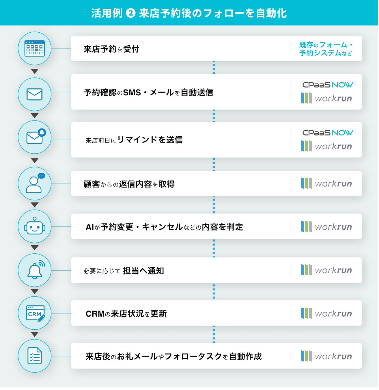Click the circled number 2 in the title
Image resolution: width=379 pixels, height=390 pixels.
tap(131, 13)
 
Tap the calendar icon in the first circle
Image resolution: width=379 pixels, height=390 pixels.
tap(35, 49)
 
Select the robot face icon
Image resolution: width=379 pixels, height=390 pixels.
tap(35, 226)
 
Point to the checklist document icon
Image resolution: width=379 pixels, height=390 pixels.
tap(34, 356)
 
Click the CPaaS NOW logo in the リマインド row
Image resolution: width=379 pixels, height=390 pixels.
tap(328, 133)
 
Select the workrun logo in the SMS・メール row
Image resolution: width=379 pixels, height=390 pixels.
tap(326, 98)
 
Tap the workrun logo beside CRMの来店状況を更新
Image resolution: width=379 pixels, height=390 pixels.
tap(326, 313)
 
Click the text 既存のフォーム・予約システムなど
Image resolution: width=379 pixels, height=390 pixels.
tap(326, 49)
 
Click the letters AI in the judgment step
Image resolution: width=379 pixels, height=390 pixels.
tap(89, 227)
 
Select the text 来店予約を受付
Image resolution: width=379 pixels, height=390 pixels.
tap(111, 49)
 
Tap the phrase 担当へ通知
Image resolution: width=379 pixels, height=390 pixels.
tap(143, 271)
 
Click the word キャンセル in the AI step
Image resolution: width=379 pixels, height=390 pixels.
tap(162, 227)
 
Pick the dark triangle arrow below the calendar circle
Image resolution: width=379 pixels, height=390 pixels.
tap(35, 71)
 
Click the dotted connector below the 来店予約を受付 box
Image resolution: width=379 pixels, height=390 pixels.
tap(214, 68)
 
